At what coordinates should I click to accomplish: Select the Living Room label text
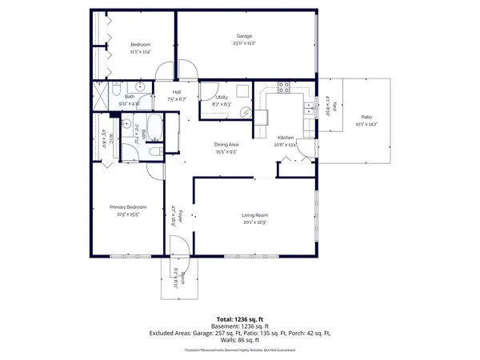click(254, 215)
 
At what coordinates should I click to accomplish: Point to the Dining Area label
click(226, 144)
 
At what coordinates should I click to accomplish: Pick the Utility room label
click(222, 97)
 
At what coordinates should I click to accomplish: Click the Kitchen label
click(286, 138)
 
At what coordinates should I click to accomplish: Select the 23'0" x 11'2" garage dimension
click(244, 44)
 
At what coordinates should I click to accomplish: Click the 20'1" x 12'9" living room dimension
click(254, 222)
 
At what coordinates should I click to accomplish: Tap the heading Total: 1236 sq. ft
click(239, 319)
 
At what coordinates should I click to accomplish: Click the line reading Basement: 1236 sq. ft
click(239, 326)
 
